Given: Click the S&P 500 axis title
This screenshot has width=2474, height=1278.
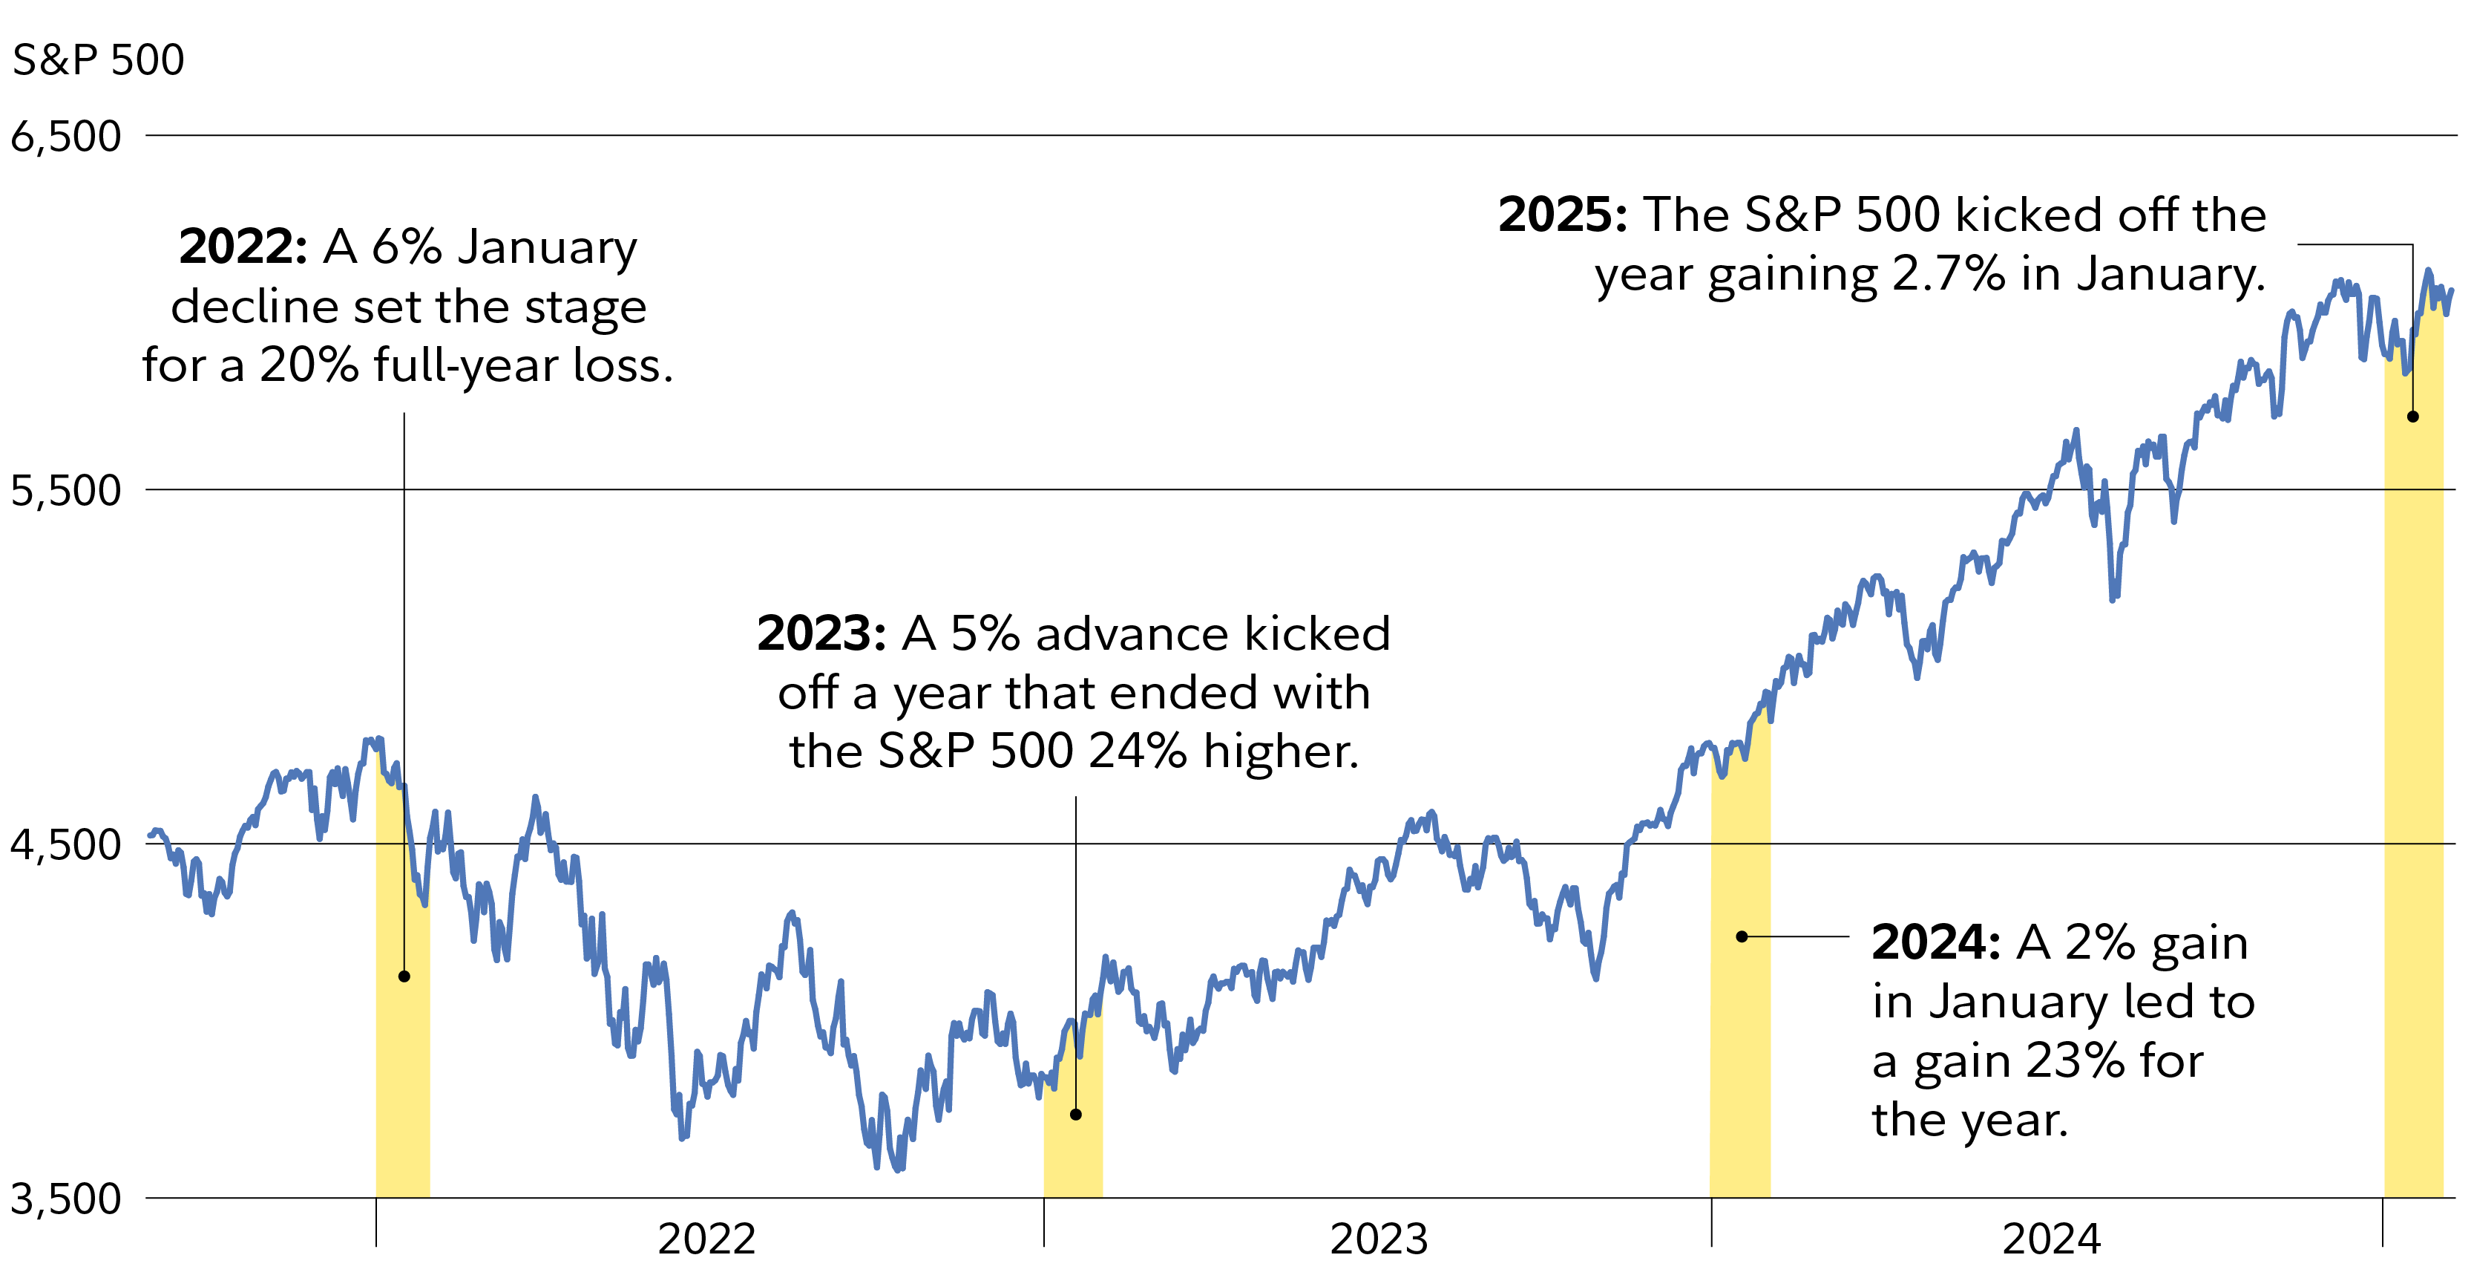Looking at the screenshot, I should click(98, 59).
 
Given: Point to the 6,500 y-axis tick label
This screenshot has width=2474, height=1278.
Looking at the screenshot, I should click(65, 137).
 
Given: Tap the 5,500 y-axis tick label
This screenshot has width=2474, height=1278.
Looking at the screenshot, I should click(65, 490).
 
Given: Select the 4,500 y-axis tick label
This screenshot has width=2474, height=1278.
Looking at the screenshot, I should click(65, 844).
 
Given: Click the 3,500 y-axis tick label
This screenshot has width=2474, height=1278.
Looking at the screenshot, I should click(65, 1199).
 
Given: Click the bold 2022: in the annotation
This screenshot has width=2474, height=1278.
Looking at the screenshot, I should click(242, 247).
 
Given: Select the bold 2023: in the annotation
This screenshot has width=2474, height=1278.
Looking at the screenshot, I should click(820, 634).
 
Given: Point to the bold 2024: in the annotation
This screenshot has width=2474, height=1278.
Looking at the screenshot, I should click(1935, 942).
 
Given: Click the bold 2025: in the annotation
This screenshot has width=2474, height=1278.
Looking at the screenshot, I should click(1561, 215).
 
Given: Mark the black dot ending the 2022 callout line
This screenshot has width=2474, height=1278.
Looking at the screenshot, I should click(404, 977).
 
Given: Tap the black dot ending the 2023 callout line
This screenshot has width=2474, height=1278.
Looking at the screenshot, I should click(1076, 1115).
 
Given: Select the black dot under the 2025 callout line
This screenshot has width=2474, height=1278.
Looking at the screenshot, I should click(2412, 417).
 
